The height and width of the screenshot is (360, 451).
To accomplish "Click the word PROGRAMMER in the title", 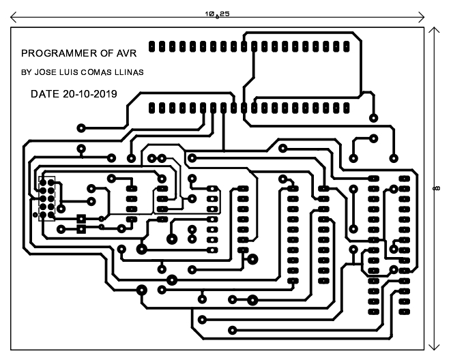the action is (59, 53).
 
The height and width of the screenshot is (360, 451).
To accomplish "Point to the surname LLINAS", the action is (129, 72).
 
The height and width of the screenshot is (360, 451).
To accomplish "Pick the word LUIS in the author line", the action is (68, 72).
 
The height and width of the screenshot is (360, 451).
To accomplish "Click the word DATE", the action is (45, 94).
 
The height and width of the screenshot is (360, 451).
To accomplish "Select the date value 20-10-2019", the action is (90, 94).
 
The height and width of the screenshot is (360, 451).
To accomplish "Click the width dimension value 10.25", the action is (217, 14).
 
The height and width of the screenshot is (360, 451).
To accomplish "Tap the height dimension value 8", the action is (437, 188).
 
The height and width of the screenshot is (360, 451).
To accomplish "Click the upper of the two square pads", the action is (81, 219).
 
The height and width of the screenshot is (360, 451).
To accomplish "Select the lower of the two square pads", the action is (81, 229).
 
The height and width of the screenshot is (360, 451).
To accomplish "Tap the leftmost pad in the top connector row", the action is (151, 46).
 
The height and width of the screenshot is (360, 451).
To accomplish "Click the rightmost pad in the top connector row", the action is (347, 46).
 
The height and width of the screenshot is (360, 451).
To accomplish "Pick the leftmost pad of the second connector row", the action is (151, 108).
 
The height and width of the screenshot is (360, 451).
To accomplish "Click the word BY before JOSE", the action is (26, 72).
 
